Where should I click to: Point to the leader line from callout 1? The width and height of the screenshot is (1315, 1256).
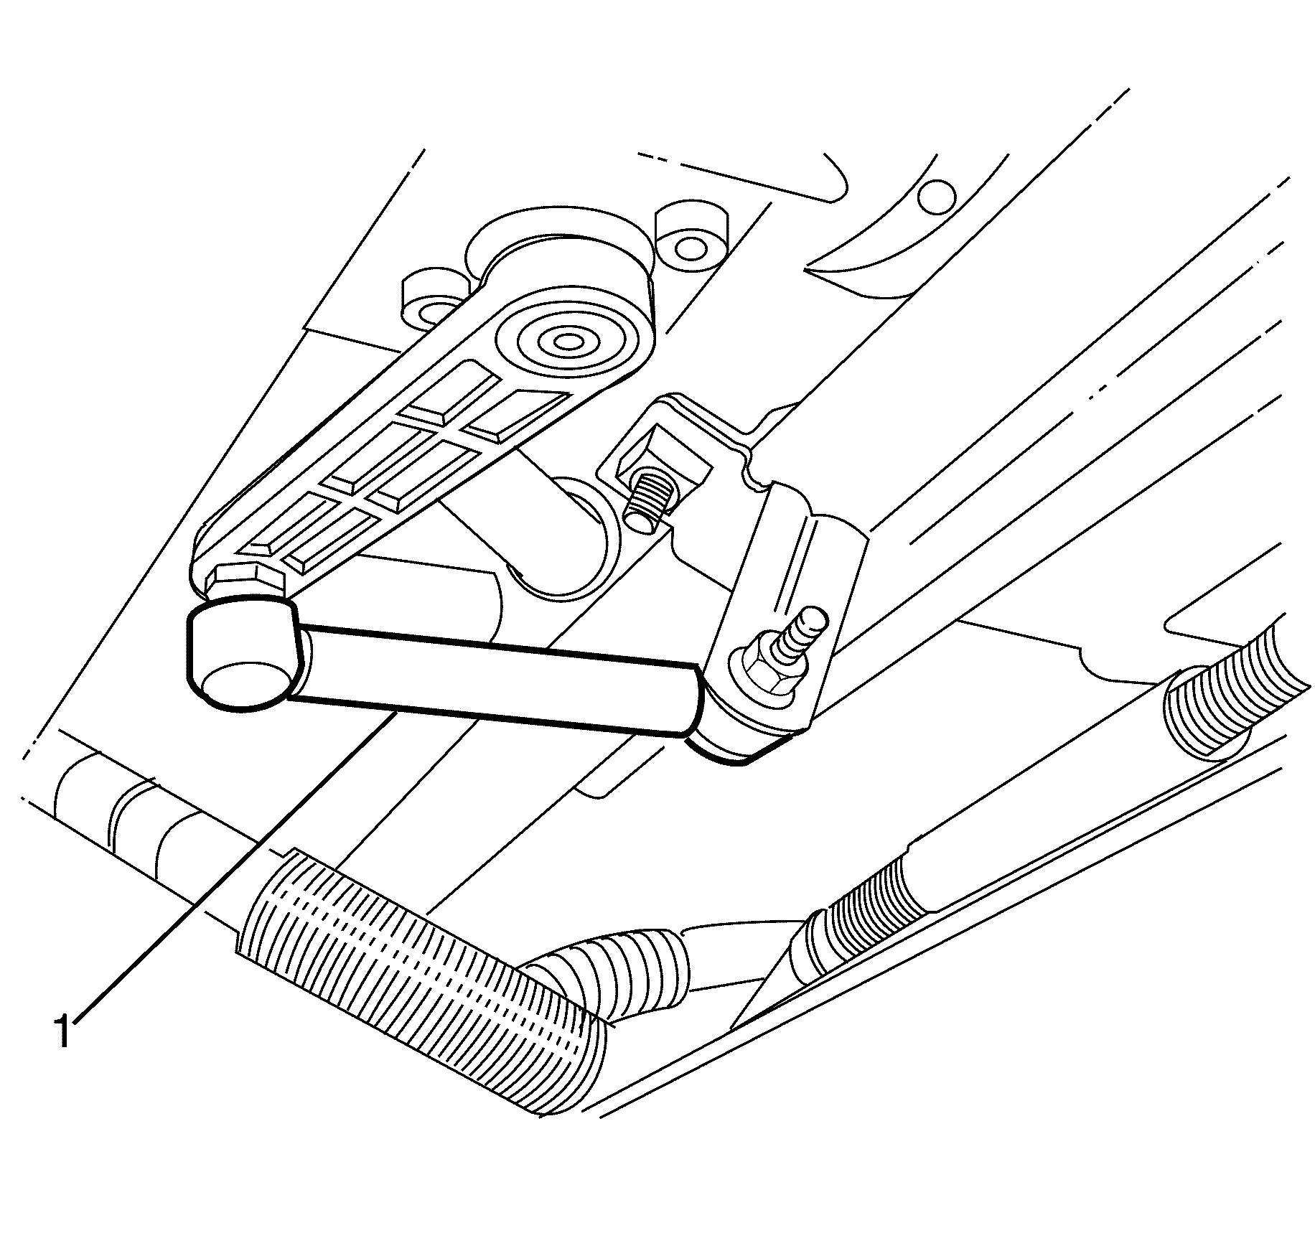pos(234,865)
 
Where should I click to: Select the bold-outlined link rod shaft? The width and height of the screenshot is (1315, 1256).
pos(495,678)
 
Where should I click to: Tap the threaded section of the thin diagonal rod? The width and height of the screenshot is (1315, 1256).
pos(858,919)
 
